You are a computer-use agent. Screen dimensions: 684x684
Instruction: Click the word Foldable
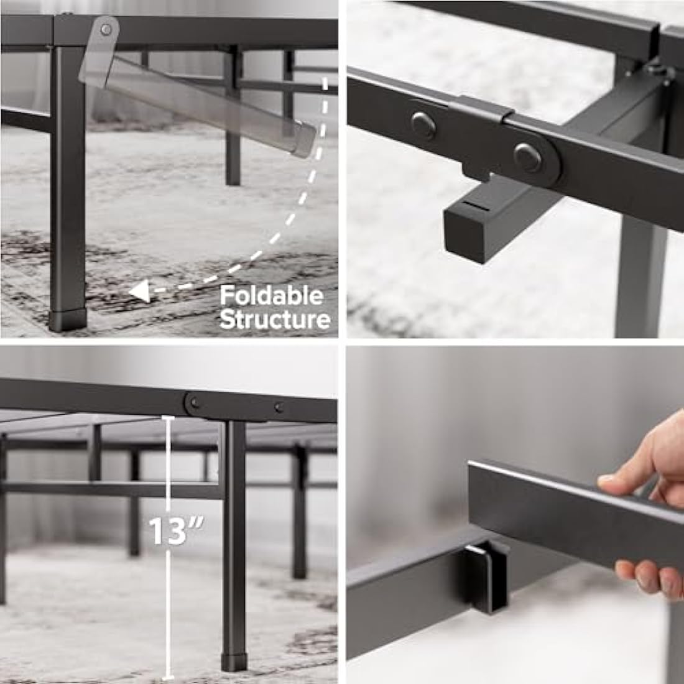(x=272, y=295)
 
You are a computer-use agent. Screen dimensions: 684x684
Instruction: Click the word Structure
(x=274, y=320)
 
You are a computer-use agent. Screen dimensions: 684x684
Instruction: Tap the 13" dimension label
(x=168, y=530)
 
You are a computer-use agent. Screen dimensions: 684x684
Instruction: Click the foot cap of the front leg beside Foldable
(x=68, y=320)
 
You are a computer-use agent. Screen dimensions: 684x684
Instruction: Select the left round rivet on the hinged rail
(x=423, y=123)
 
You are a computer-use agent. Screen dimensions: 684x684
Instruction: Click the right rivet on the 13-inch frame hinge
(x=278, y=408)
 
